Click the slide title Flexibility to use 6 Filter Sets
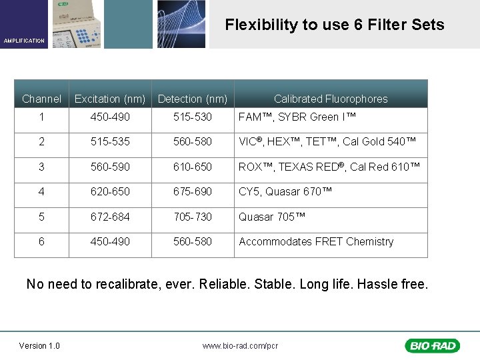334,25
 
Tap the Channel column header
41,99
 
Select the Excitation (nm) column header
110,99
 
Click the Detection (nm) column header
193,99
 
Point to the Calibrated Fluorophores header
331,99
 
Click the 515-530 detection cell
193,117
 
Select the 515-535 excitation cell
111,141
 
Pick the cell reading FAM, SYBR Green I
297,117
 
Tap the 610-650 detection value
193,167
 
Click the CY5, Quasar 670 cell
285,192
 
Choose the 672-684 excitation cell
111,217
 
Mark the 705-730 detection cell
193,217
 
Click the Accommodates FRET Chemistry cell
316,241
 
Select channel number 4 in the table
41,192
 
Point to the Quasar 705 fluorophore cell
272,217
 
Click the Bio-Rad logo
432,345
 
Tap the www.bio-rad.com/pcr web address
240,346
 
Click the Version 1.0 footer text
39,345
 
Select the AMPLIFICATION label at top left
24,41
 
